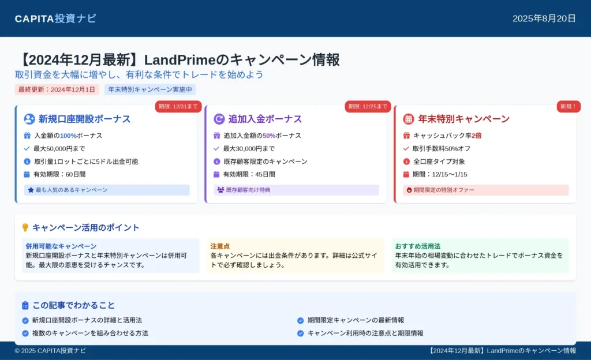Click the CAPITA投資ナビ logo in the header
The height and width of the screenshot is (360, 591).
[x=55, y=18]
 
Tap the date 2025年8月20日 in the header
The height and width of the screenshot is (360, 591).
[x=544, y=18]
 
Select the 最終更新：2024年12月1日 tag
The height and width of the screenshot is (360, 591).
[x=57, y=89]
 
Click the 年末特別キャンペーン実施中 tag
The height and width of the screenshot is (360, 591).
[x=150, y=89]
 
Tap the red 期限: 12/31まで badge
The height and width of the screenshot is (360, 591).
[x=178, y=107]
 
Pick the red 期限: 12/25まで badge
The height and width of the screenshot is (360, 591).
[x=368, y=107]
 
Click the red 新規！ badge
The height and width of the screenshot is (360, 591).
[x=568, y=107]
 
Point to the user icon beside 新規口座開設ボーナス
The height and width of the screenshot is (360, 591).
[x=29, y=119]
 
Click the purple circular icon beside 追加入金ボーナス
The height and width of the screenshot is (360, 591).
[x=219, y=119]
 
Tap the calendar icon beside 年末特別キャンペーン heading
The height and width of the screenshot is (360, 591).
[x=408, y=119]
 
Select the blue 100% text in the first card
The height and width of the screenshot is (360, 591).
[x=68, y=136]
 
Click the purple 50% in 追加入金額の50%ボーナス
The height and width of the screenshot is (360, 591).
[x=269, y=136]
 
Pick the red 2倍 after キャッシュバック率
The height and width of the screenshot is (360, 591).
[x=476, y=136]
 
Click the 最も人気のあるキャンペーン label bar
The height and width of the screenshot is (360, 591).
[x=107, y=190]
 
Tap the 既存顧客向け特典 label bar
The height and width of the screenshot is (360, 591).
[x=296, y=190]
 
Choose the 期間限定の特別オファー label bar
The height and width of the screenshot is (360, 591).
[x=486, y=190]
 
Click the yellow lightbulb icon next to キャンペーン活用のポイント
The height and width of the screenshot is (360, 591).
[x=25, y=227]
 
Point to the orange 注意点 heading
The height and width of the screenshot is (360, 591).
[x=220, y=246]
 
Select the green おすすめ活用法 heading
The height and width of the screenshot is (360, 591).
[x=418, y=246]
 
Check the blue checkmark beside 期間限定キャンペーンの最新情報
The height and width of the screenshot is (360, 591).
[x=300, y=320]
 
